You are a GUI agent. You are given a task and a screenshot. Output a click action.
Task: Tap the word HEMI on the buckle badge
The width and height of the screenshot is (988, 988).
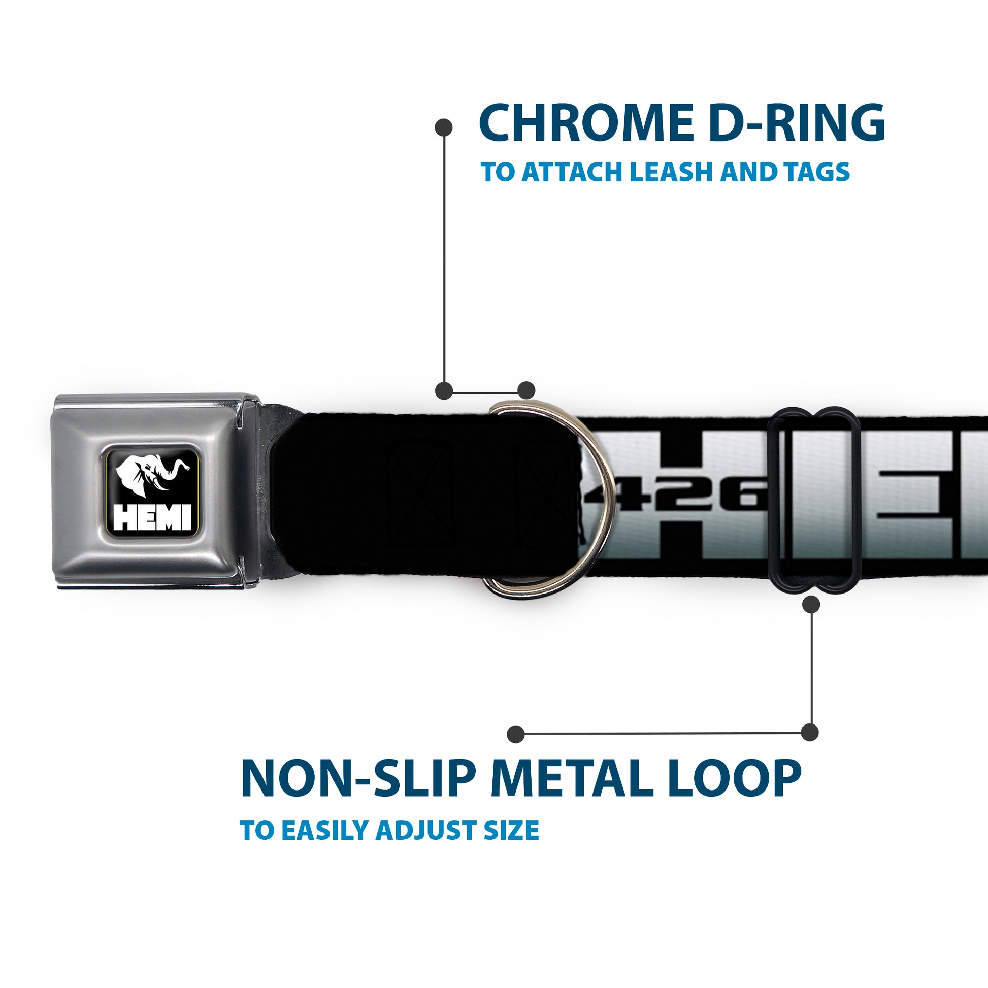tap(152, 517)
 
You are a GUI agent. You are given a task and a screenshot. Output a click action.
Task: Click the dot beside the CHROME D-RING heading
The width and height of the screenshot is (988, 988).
tap(443, 127)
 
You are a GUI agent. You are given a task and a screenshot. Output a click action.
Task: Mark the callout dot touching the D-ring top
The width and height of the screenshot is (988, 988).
tap(526, 390)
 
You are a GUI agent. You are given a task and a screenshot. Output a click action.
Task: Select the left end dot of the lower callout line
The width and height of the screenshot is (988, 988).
tap(515, 734)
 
